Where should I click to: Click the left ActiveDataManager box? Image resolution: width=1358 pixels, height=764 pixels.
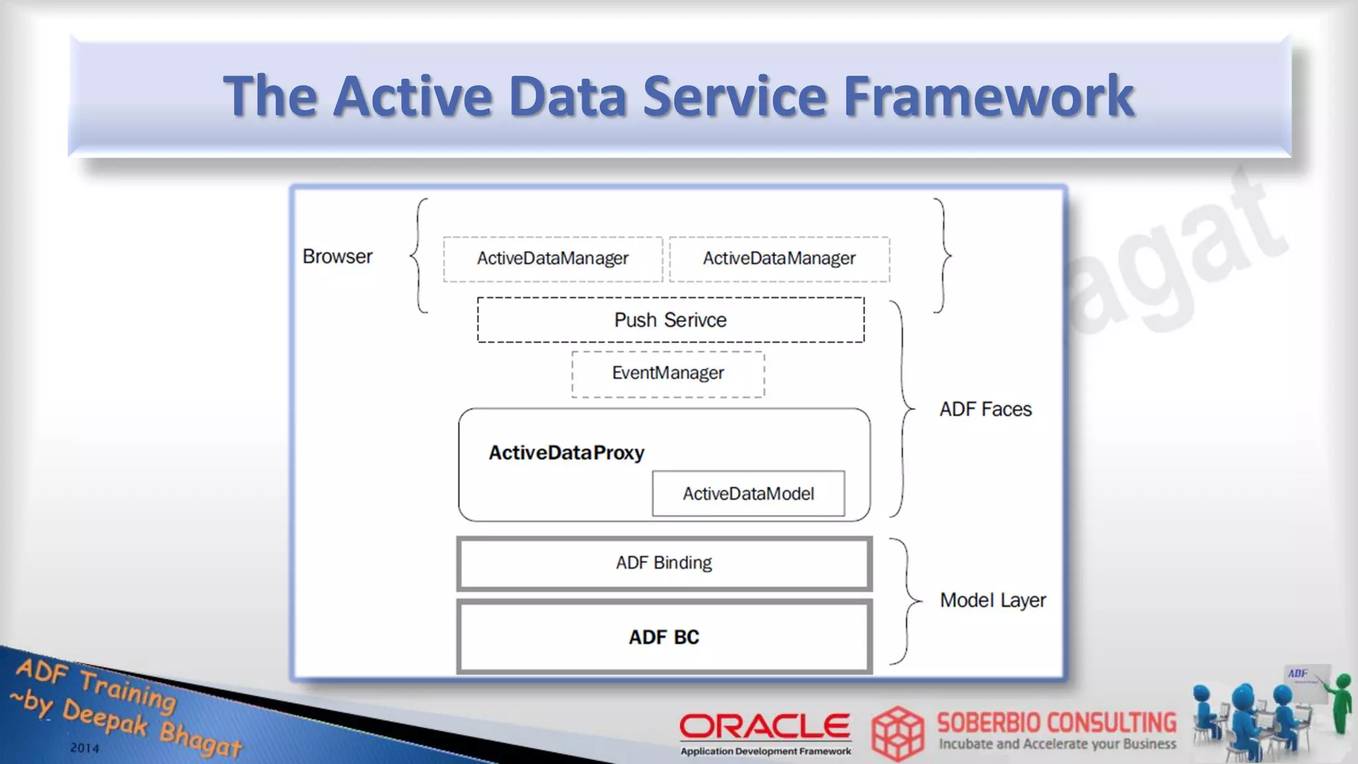[x=552, y=259]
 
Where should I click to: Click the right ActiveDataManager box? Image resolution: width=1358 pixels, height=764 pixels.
[x=779, y=259]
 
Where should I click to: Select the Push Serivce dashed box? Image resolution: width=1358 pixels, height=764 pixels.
[x=670, y=320]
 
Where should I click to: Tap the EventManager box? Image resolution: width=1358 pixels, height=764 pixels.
[x=668, y=373]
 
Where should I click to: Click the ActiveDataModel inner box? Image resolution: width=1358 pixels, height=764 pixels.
[x=748, y=493]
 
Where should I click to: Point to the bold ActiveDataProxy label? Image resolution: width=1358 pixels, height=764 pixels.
[x=566, y=453]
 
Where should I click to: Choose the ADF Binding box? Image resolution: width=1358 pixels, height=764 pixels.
[x=664, y=563]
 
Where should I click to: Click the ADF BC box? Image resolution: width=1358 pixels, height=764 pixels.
[x=664, y=637]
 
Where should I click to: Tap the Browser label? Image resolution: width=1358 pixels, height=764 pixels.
[x=337, y=257]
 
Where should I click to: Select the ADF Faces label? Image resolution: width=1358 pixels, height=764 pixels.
[x=985, y=409]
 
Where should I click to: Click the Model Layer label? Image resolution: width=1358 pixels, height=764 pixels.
[x=993, y=600]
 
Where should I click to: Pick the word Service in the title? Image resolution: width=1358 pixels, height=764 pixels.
[x=735, y=96]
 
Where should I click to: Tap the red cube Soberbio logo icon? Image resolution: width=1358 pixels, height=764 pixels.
[x=898, y=733]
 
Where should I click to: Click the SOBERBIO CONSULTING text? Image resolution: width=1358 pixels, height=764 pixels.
[x=1056, y=722]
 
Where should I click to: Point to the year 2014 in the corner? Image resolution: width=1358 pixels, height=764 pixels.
[x=84, y=748]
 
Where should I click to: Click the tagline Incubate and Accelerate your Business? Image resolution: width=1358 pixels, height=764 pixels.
[x=1057, y=744]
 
